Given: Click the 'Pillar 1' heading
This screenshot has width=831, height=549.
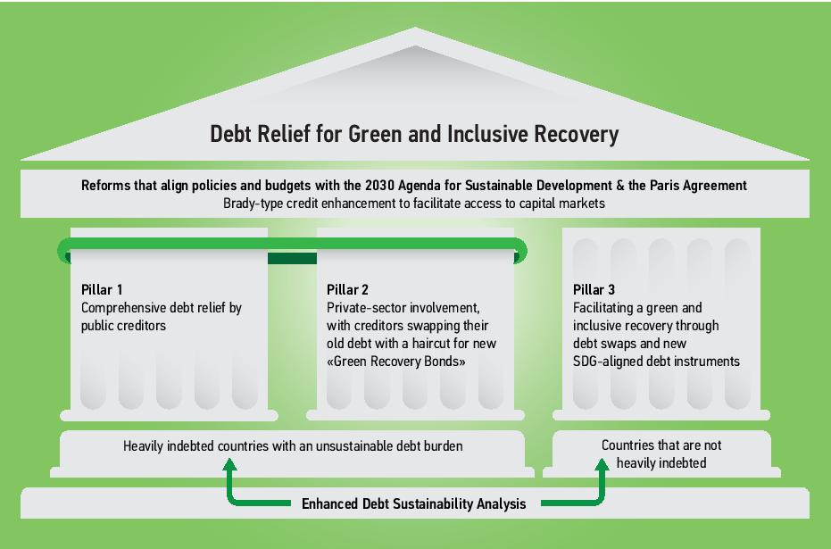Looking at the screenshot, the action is (102, 290).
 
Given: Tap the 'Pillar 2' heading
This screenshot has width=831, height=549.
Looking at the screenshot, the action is (347, 290).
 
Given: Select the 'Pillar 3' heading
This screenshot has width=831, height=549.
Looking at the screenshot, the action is (594, 290).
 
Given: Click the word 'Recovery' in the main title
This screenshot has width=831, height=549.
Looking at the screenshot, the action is (576, 134).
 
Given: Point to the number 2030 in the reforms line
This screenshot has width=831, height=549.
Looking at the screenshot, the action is (379, 186).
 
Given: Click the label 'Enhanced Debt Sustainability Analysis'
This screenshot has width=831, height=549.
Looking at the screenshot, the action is (413, 504).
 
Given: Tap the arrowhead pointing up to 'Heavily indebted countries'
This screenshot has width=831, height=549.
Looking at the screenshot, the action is (229, 464).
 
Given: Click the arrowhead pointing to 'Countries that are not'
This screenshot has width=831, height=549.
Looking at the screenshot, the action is (602, 464).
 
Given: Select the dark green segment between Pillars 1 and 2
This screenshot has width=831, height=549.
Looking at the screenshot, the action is (292, 259).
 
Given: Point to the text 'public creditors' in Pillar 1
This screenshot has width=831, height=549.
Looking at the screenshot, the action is (123, 326).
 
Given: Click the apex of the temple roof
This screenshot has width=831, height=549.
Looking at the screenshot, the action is (415, 28).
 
